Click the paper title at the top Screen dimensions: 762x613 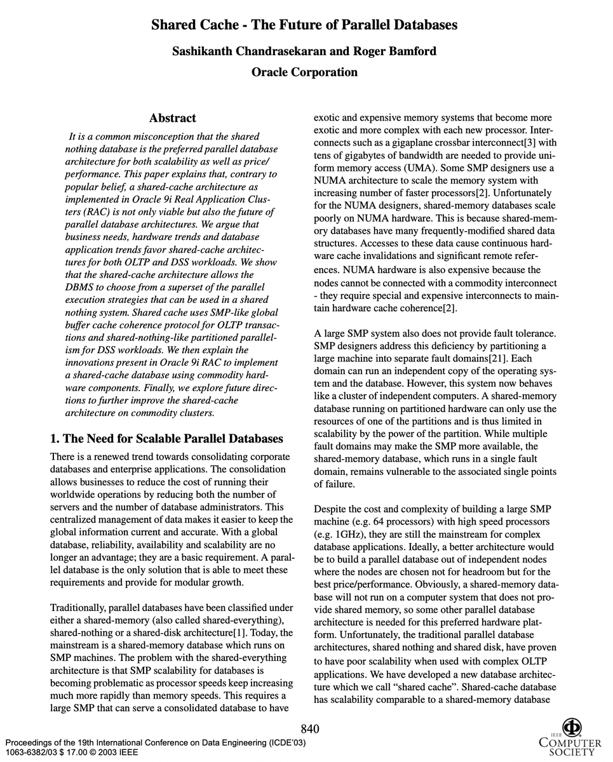coord(304,25)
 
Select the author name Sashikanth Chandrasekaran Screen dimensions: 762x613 coord(245,51)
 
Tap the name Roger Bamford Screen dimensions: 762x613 coord(399,51)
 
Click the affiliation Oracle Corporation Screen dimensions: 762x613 coord(304,72)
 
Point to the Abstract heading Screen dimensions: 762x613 coord(172,118)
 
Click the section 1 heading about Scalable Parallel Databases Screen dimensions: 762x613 coord(166,439)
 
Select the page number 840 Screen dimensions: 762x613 coord(309,728)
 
